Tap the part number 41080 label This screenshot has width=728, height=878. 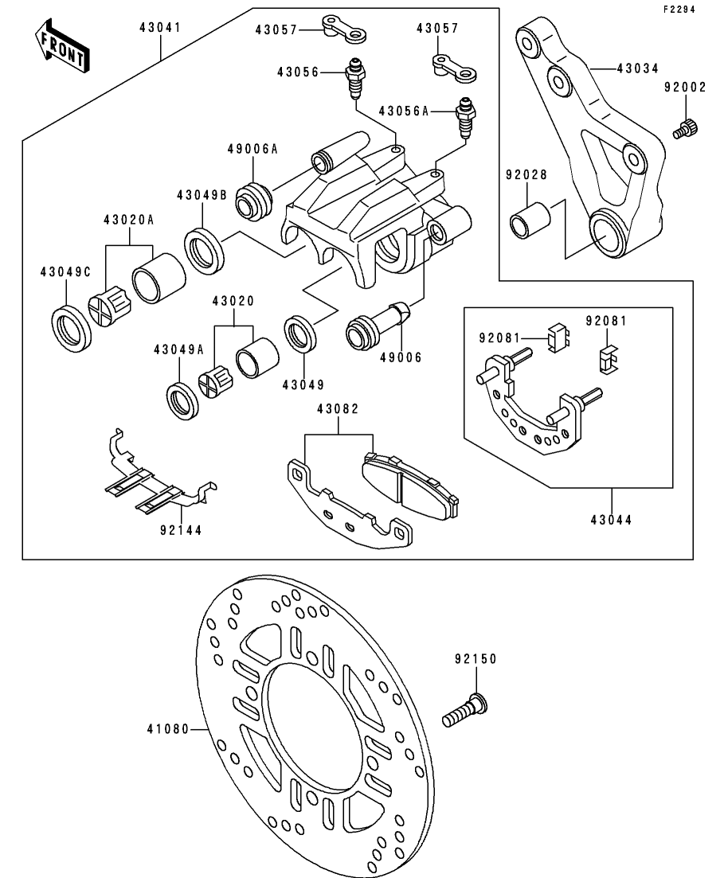click(x=167, y=728)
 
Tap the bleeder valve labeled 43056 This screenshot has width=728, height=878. click(x=353, y=80)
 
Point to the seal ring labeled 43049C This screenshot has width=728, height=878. click(x=72, y=327)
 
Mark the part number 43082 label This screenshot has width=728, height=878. click(x=338, y=408)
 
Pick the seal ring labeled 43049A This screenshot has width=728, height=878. click(x=182, y=400)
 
